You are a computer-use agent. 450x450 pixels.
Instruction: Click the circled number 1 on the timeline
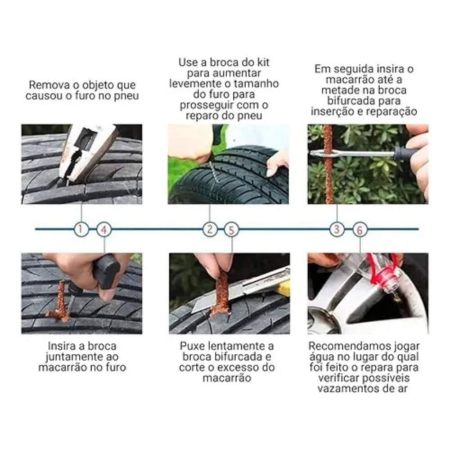[x=81, y=229]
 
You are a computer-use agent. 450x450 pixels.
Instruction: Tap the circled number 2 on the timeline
[x=210, y=229]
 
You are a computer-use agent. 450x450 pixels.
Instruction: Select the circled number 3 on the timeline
[x=337, y=229]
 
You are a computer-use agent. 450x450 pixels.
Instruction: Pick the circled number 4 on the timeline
[x=104, y=230]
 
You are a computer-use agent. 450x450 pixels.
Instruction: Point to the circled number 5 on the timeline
[x=232, y=230]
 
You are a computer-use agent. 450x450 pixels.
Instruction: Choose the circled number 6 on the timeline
[x=360, y=230]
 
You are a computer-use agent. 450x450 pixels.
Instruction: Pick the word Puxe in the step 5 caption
[x=190, y=346]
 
